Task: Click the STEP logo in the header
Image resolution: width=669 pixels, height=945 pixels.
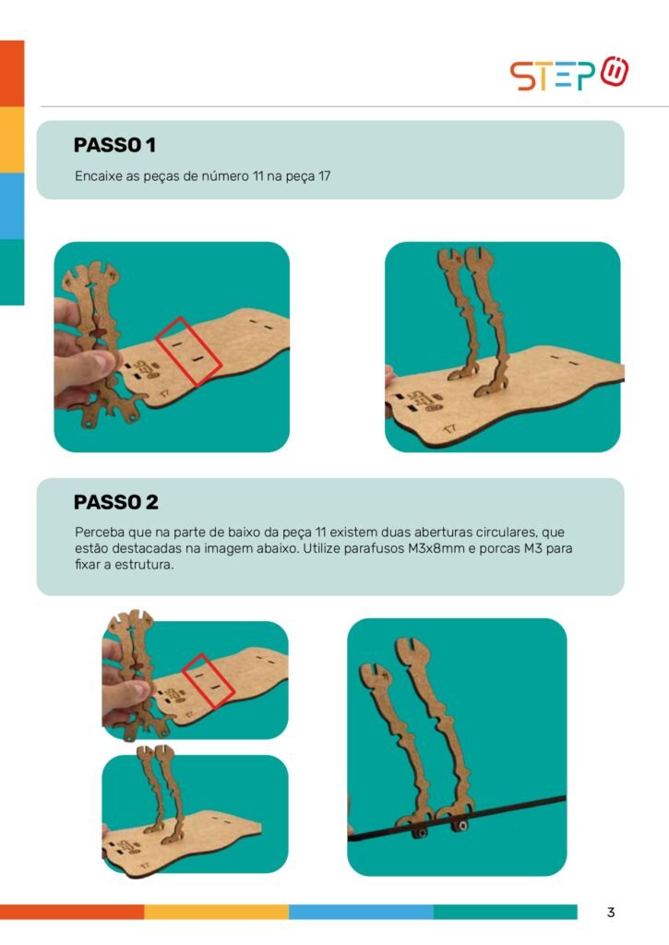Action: [x=569, y=74]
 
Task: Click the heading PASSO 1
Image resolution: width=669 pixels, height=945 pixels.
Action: [x=114, y=145]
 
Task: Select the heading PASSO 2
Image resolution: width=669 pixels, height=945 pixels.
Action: [x=115, y=502]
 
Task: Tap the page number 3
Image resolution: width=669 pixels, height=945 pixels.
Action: [x=611, y=912]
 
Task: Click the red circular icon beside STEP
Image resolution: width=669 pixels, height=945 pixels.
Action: [x=615, y=71]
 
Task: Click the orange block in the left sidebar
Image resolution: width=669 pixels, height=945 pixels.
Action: [x=12, y=74]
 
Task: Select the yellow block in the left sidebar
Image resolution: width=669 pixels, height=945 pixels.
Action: [x=12, y=140]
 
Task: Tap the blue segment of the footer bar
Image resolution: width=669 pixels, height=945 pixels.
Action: [x=361, y=912]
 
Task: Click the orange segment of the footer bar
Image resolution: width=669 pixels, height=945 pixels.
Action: [x=72, y=912]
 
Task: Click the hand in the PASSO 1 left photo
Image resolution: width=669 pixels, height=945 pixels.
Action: [x=81, y=355]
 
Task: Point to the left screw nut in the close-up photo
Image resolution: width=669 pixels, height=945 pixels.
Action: [x=420, y=832]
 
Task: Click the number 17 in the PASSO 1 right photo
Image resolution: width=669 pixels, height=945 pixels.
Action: [x=449, y=429]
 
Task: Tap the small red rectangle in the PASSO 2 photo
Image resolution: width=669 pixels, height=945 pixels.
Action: [x=209, y=680]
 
